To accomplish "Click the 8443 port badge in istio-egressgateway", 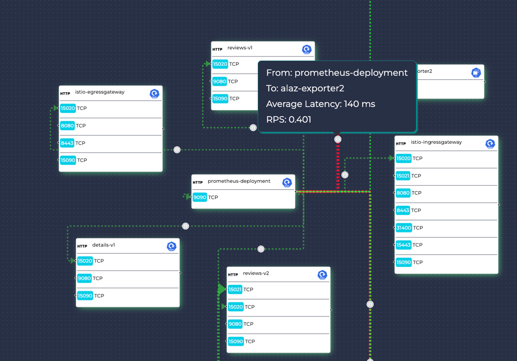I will click(x=68, y=143).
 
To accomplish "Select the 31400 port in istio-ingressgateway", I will click(x=404, y=228).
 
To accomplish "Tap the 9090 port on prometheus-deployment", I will click(x=200, y=197).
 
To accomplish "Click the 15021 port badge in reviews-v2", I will click(x=235, y=290).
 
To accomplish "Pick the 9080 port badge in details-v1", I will click(x=85, y=278).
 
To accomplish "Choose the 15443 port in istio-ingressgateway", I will click(x=404, y=245).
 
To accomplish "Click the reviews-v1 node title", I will click(x=240, y=48).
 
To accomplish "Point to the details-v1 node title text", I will click(x=103, y=245).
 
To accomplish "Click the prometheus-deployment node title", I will click(x=239, y=181).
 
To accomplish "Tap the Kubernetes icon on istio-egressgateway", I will click(x=154, y=94).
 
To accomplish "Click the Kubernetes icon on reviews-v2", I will click(x=322, y=275).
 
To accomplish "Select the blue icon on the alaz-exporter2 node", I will click(x=476, y=72).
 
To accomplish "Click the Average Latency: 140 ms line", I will click(x=320, y=104).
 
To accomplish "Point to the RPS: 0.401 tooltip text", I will click(x=288, y=119).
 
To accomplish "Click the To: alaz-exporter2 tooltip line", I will click(x=305, y=88).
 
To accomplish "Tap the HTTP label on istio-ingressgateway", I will click(x=401, y=143).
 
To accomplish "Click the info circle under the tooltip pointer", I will click(x=338, y=139).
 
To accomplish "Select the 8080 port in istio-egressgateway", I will click(x=68, y=126).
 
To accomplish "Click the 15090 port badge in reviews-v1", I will click(x=220, y=99).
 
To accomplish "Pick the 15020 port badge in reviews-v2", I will click(x=235, y=307).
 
